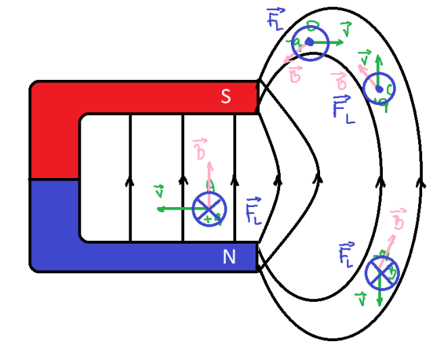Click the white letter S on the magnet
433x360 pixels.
tap(227, 97)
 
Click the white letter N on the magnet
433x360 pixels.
tap(229, 256)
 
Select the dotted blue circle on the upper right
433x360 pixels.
tap(378, 89)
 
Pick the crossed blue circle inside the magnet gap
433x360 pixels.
tap(208, 209)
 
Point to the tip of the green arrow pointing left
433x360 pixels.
tap(158, 209)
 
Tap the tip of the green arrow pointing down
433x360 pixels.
tap(380, 302)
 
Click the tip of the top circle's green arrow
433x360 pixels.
tap(344, 42)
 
